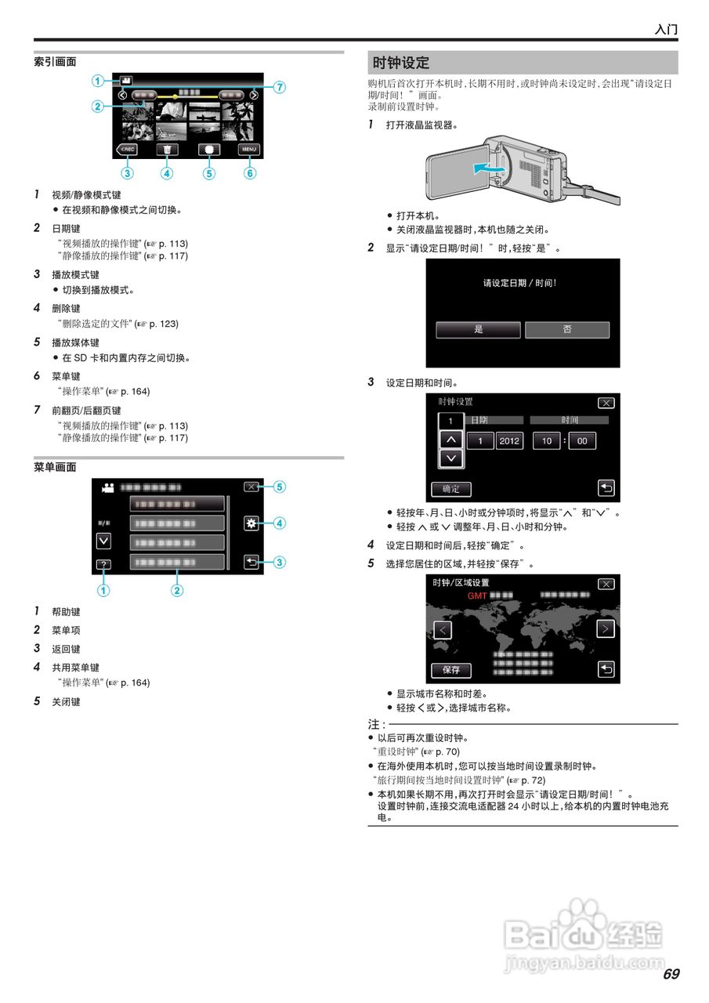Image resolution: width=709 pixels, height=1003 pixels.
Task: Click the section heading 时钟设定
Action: point(401,63)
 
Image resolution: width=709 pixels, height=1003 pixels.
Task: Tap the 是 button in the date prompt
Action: point(478,330)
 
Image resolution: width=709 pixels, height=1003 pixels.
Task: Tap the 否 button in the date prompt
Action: point(567,330)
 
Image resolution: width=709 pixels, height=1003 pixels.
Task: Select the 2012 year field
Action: point(509,441)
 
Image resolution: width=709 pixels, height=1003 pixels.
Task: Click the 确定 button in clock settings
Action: point(451,489)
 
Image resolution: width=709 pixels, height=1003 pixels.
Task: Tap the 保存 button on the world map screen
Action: point(451,670)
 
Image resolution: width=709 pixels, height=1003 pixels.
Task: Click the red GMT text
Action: point(477,596)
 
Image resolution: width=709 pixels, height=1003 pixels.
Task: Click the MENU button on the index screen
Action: point(249,149)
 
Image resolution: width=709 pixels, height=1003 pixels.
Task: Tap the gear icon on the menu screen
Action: point(251,523)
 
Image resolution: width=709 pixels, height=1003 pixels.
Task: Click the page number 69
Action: point(671,975)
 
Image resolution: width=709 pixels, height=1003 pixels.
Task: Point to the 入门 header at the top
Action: point(666,29)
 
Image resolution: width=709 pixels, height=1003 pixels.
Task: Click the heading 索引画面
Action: point(55,61)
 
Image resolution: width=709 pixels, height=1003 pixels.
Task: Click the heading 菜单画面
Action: point(55,467)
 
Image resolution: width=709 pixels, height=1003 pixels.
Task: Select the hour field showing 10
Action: point(546,441)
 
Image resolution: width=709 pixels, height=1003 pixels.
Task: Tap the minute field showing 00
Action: point(582,441)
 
